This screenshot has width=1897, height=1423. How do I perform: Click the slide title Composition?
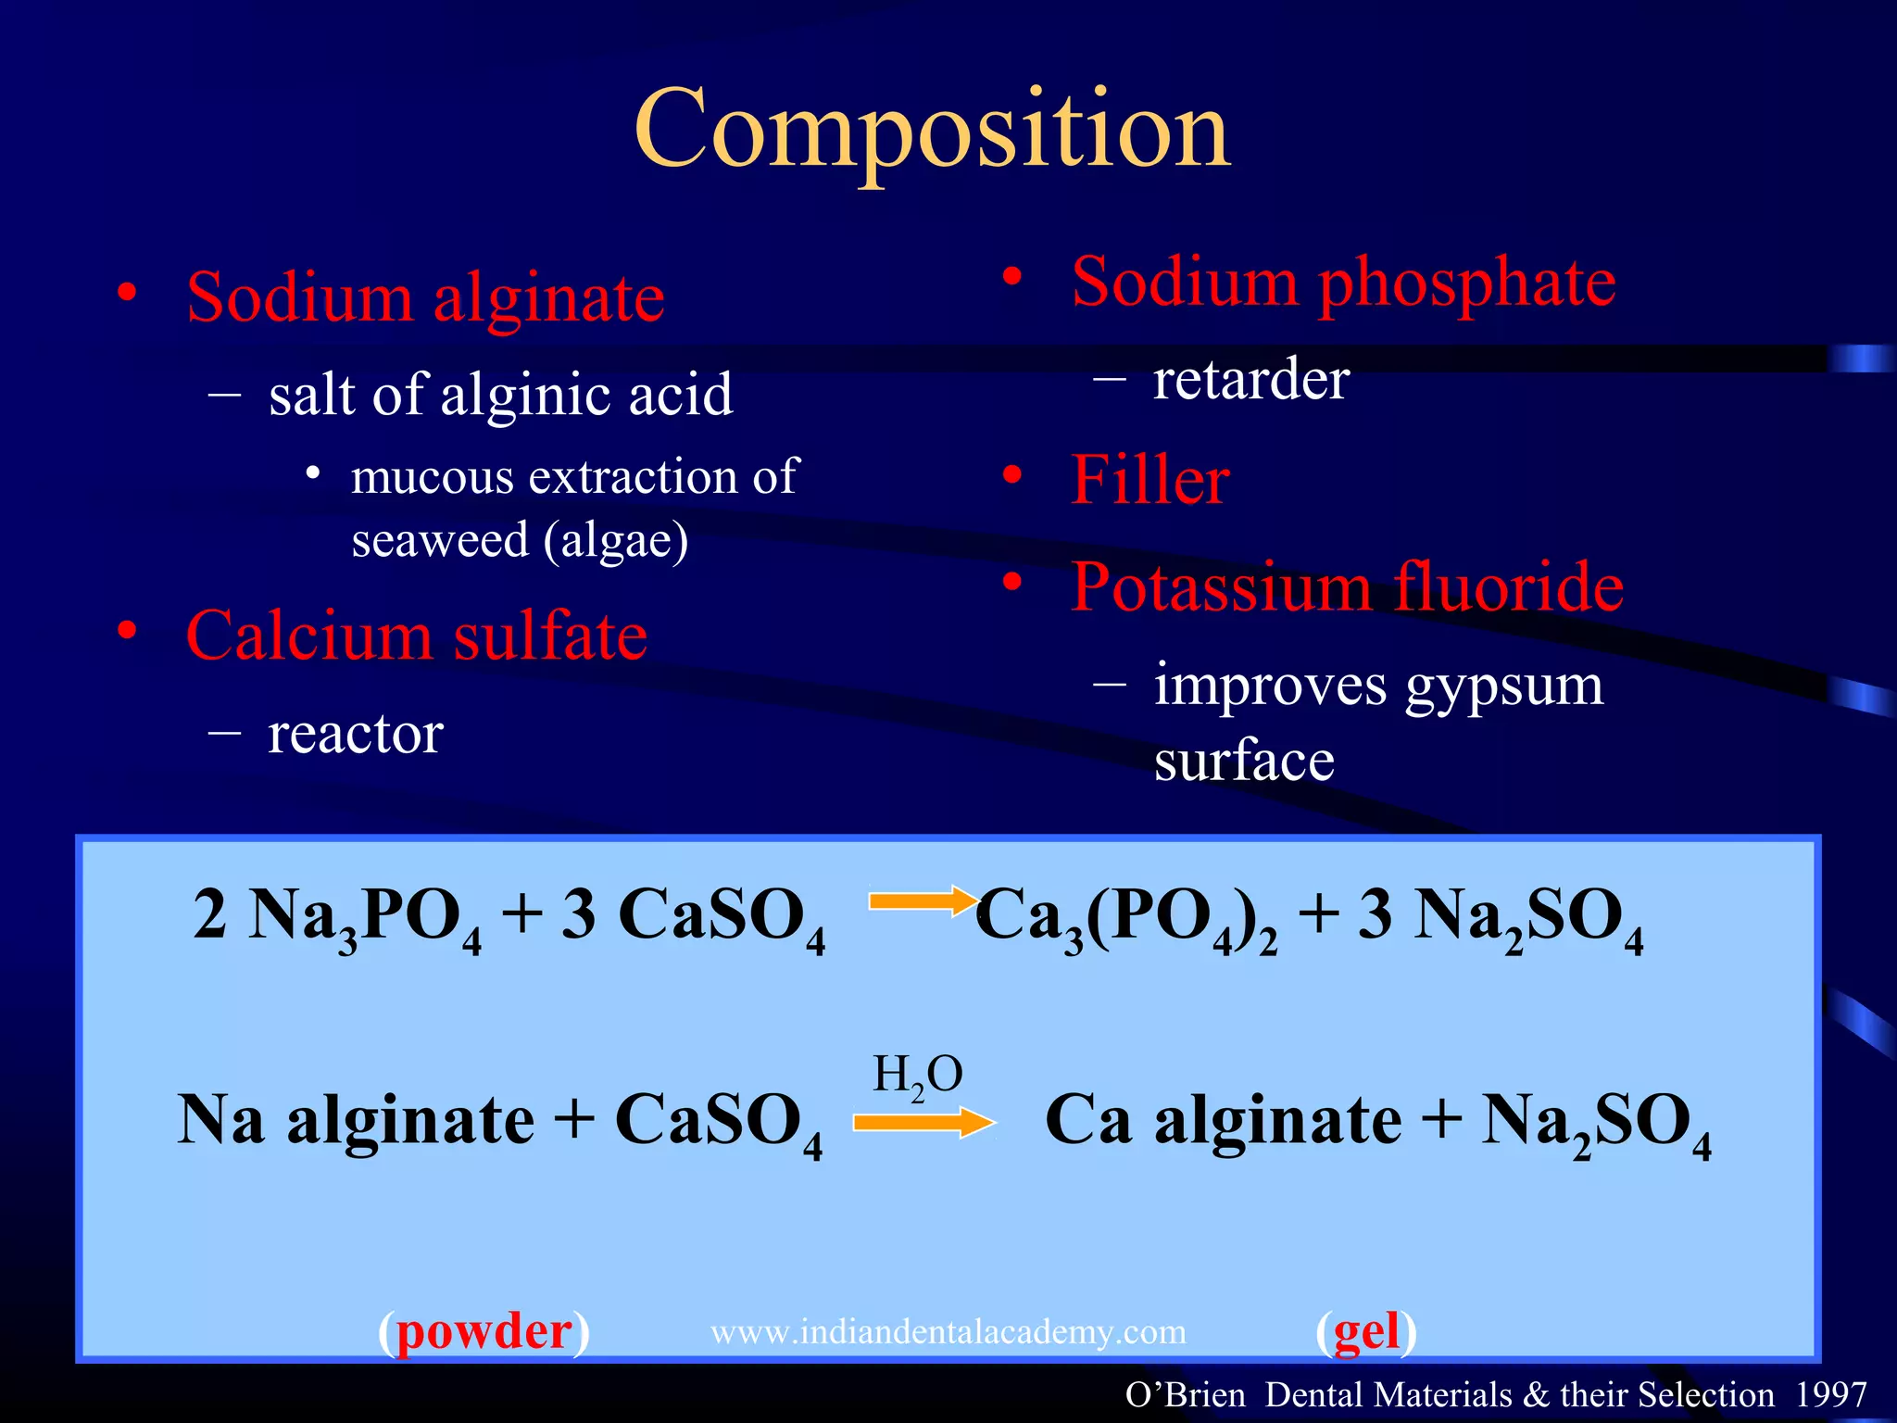pos(933,130)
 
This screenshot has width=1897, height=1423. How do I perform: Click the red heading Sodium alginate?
pos(425,298)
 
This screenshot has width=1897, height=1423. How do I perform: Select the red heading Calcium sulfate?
pos(417,636)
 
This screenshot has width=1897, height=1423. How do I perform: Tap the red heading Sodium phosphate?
pos(1343,282)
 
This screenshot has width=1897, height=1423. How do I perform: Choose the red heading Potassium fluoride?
pos(1347,587)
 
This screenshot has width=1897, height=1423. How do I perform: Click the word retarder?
pos(1250,380)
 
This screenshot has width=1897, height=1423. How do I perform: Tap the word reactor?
pos(356,734)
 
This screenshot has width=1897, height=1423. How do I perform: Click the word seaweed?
pos(440,540)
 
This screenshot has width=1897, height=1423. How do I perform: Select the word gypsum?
pos(1503,686)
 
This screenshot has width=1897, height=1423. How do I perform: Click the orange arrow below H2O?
pos(923,1123)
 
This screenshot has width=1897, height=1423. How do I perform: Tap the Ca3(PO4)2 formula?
pos(1126,917)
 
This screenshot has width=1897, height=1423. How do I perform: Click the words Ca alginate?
pos(1223,1121)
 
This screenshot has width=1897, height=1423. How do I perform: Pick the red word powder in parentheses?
pos(484,1331)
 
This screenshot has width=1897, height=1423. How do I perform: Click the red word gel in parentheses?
pos(1366,1331)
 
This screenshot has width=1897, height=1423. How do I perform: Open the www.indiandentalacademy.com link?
pos(948,1332)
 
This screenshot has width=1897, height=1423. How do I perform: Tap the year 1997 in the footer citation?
pos(1830,1394)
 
